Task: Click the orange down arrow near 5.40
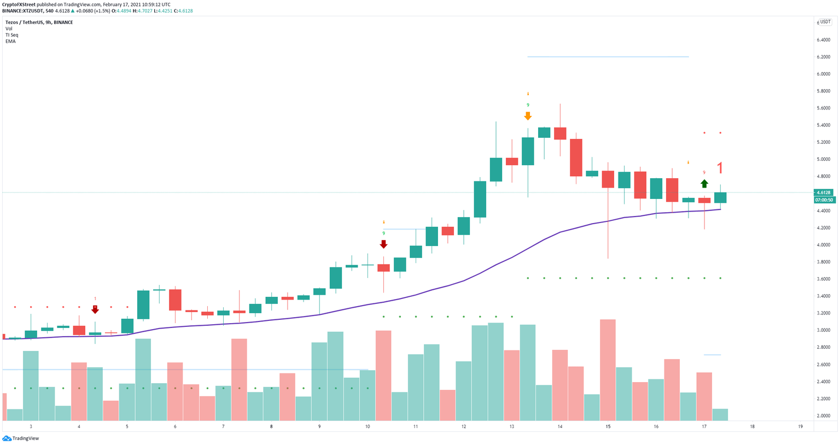[x=527, y=116]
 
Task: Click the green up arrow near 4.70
[x=704, y=184]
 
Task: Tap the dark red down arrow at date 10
[x=383, y=244]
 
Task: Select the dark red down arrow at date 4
[x=95, y=309]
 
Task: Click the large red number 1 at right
[x=720, y=168]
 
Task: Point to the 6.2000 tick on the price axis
[x=823, y=57]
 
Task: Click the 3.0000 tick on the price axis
[x=823, y=330]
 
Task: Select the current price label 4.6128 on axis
[x=824, y=192]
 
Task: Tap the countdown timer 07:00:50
[x=824, y=200]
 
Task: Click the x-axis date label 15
[x=608, y=426]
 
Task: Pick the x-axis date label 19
[x=800, y=426]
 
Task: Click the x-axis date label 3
[x=31, y=426]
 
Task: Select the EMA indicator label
[x=10, y=41]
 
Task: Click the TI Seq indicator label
[x=11, y=35]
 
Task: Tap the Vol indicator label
[x=9, y=28]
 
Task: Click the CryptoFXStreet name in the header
[x=19, y=4]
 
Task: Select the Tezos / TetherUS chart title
[x=38, y=22]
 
